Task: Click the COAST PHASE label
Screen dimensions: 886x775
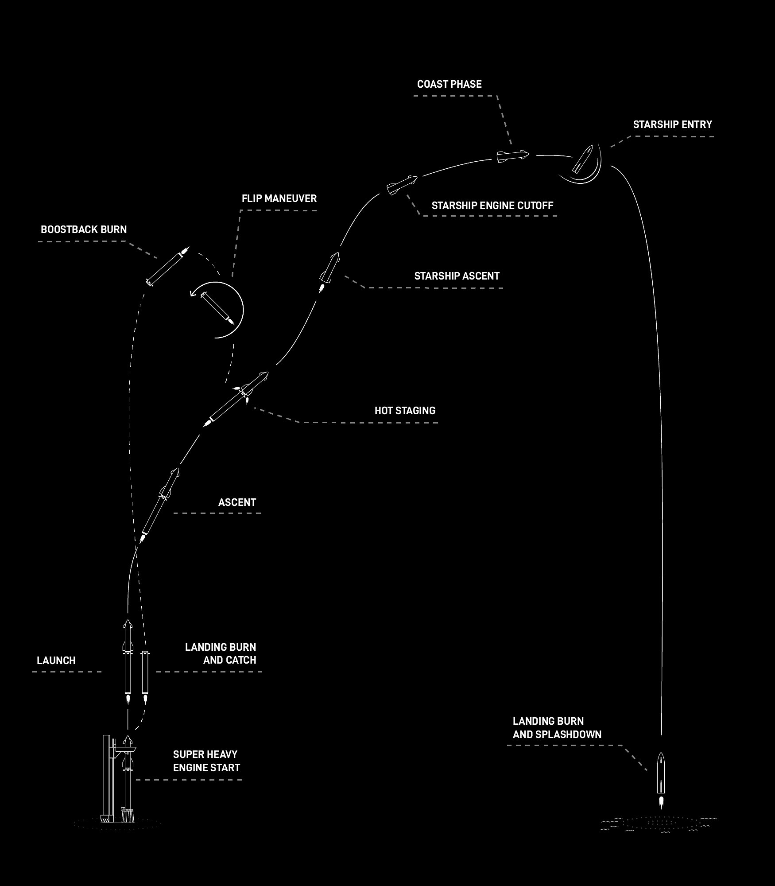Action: click(x=449, y=84)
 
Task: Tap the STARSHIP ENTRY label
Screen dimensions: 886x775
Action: click(x=672, y=124)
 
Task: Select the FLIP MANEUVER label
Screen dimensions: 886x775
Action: click(x=279, y=198)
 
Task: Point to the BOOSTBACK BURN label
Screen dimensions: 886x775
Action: click(x=84, y=229)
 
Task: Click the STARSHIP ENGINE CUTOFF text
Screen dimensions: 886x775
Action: click(x=492, y=206)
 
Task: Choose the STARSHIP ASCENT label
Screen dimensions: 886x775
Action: click(x=457, y=276)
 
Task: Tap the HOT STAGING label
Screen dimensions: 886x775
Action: click(x=405, y=411)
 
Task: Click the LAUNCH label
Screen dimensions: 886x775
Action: click(x=56, y=661)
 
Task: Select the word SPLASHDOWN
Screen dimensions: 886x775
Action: click(x=568, y=734)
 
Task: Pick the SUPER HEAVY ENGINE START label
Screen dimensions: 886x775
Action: click(x=206, y=761)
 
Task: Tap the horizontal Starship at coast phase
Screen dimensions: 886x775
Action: click(x=512, y=156)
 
